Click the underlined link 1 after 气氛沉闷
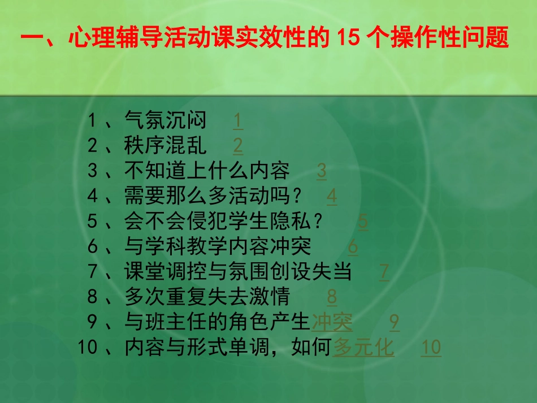coord(238,120)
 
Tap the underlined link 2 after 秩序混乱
coord(238,146)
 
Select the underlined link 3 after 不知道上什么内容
coord(321,171)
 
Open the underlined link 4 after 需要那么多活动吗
coord(332,197)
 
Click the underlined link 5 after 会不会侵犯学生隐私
coord(363,222)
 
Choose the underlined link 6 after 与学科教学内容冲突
coord(353,247)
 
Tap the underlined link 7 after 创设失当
coord(384,272)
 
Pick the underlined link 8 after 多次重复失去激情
coord(332,297)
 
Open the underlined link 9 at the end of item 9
coord(394,322)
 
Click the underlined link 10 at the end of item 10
coord(431,348)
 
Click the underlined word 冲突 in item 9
coord(332,322)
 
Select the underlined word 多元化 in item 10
coord(363,348)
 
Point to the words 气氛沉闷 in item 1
coord(165,120)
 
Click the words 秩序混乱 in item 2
coord(165,146)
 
